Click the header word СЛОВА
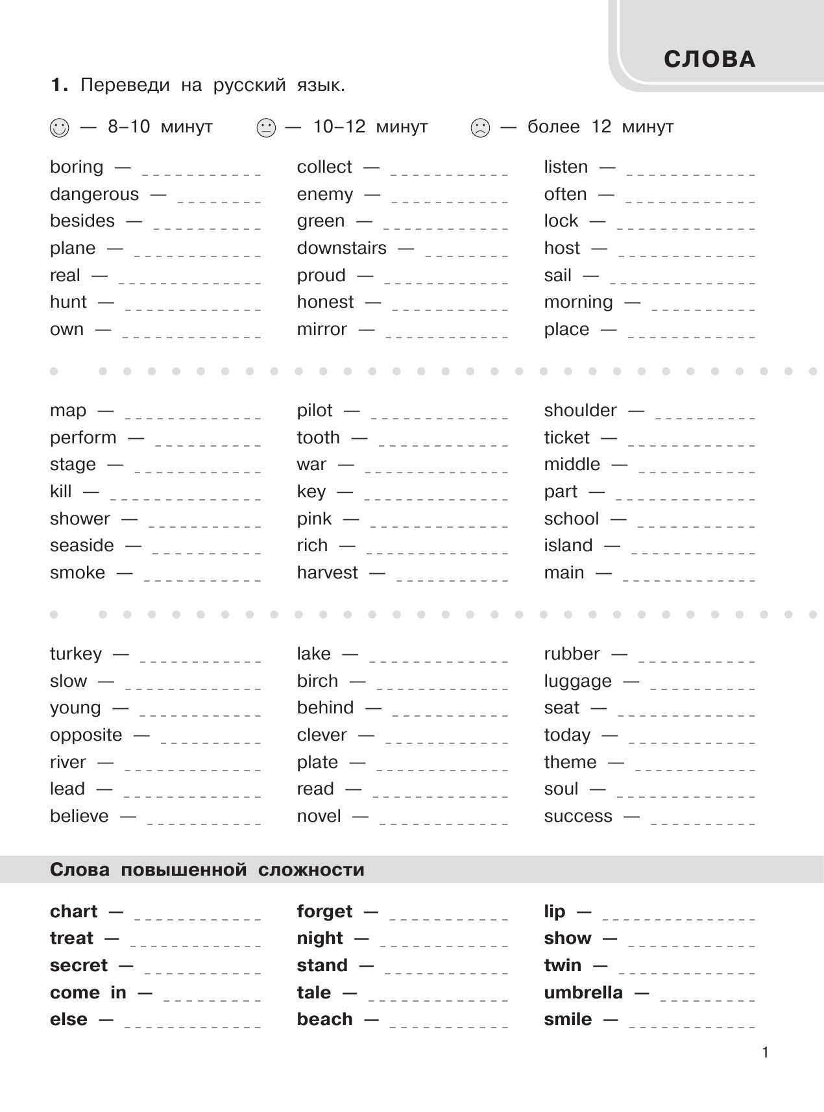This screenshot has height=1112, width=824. point(710,60)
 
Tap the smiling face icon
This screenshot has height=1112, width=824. point(58,128)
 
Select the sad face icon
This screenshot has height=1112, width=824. point(480,128)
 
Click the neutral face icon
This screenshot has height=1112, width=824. point(266,128)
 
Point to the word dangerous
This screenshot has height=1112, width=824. point(94,194)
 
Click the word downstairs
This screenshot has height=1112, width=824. point(341,248)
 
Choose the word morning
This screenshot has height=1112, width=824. point(578,303)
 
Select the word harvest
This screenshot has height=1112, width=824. point(327,573)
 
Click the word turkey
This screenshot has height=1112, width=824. point(76,654)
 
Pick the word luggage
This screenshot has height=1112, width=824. point(577,682)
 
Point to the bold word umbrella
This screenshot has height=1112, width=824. point(583,993)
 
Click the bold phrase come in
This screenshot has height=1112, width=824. point(88,993)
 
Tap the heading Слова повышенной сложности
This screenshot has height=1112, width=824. point(207,870)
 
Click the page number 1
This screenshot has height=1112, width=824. point(765,1053)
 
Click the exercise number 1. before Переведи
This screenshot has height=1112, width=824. point(59,86)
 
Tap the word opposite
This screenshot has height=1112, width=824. point(86,735)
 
